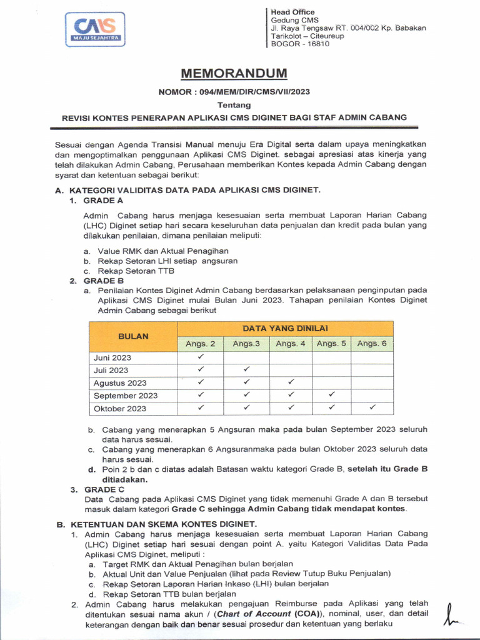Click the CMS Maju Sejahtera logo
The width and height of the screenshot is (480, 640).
coord(94,29)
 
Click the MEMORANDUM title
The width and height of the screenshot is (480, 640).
coord(234,74)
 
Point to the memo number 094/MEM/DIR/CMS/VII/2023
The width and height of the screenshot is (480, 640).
coord(234,92)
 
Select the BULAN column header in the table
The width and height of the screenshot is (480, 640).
coord(134,336)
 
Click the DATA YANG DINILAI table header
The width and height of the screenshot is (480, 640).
coord(286,328)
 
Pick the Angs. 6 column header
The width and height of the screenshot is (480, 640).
coord(372,344)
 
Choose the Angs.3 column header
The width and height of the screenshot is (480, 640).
coord(246,344)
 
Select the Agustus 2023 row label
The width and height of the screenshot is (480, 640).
coord(120,383)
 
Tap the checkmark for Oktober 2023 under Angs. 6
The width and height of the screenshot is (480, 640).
coord(372,407)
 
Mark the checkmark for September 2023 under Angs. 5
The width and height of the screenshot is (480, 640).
coord(331,395)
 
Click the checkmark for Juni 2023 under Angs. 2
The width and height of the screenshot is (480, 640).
coord(201,357)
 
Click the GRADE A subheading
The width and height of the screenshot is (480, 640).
coord(103,201)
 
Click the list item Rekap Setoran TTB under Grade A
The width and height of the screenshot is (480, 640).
coord(136,271)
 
